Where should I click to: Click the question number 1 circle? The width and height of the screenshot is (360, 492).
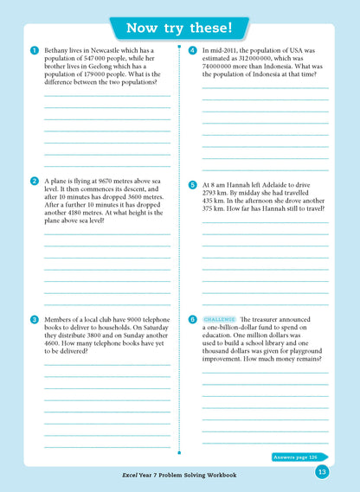(33, 50)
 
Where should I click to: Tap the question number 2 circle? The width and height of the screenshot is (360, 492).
(33, 180)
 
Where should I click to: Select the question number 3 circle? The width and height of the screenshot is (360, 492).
(33, 319)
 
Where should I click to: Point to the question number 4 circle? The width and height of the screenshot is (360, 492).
(191, 50)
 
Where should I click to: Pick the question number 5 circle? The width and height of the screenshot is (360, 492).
(191, 184)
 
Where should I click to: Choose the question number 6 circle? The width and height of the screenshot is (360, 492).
(191, 319)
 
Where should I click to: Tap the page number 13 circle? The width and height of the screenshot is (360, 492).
(321, 471)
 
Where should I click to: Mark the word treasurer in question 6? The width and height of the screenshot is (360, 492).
(273, 320)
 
